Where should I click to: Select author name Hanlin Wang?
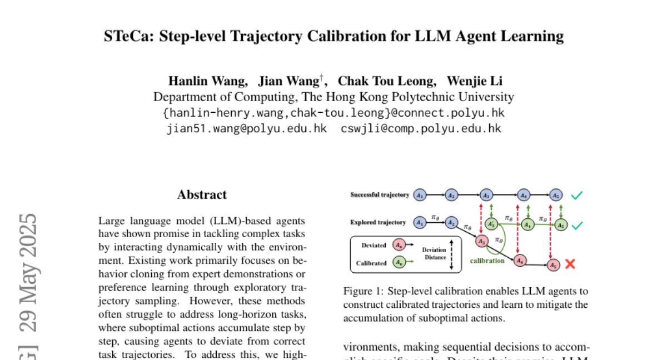click(208, 81)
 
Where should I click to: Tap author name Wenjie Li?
click(475, 81)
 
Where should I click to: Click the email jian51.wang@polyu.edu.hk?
click(247, 129)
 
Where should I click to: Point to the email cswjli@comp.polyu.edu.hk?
click(421, 129)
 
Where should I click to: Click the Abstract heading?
click(202, 194)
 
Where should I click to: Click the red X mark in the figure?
click(570, 264)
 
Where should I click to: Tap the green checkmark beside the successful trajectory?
click(577, 196)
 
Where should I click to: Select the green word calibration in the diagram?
click(487, 260)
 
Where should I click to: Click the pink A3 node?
click(481, 241)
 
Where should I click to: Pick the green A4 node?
click(526, 225)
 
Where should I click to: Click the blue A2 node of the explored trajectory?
click(451, 222)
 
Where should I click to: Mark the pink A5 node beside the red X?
click(552, 266)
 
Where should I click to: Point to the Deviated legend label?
click(374, 246)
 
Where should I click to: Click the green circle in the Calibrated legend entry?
click(399, 262)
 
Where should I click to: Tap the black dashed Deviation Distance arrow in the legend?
click(452, 257)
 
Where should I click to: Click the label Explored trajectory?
click(378, 222)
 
